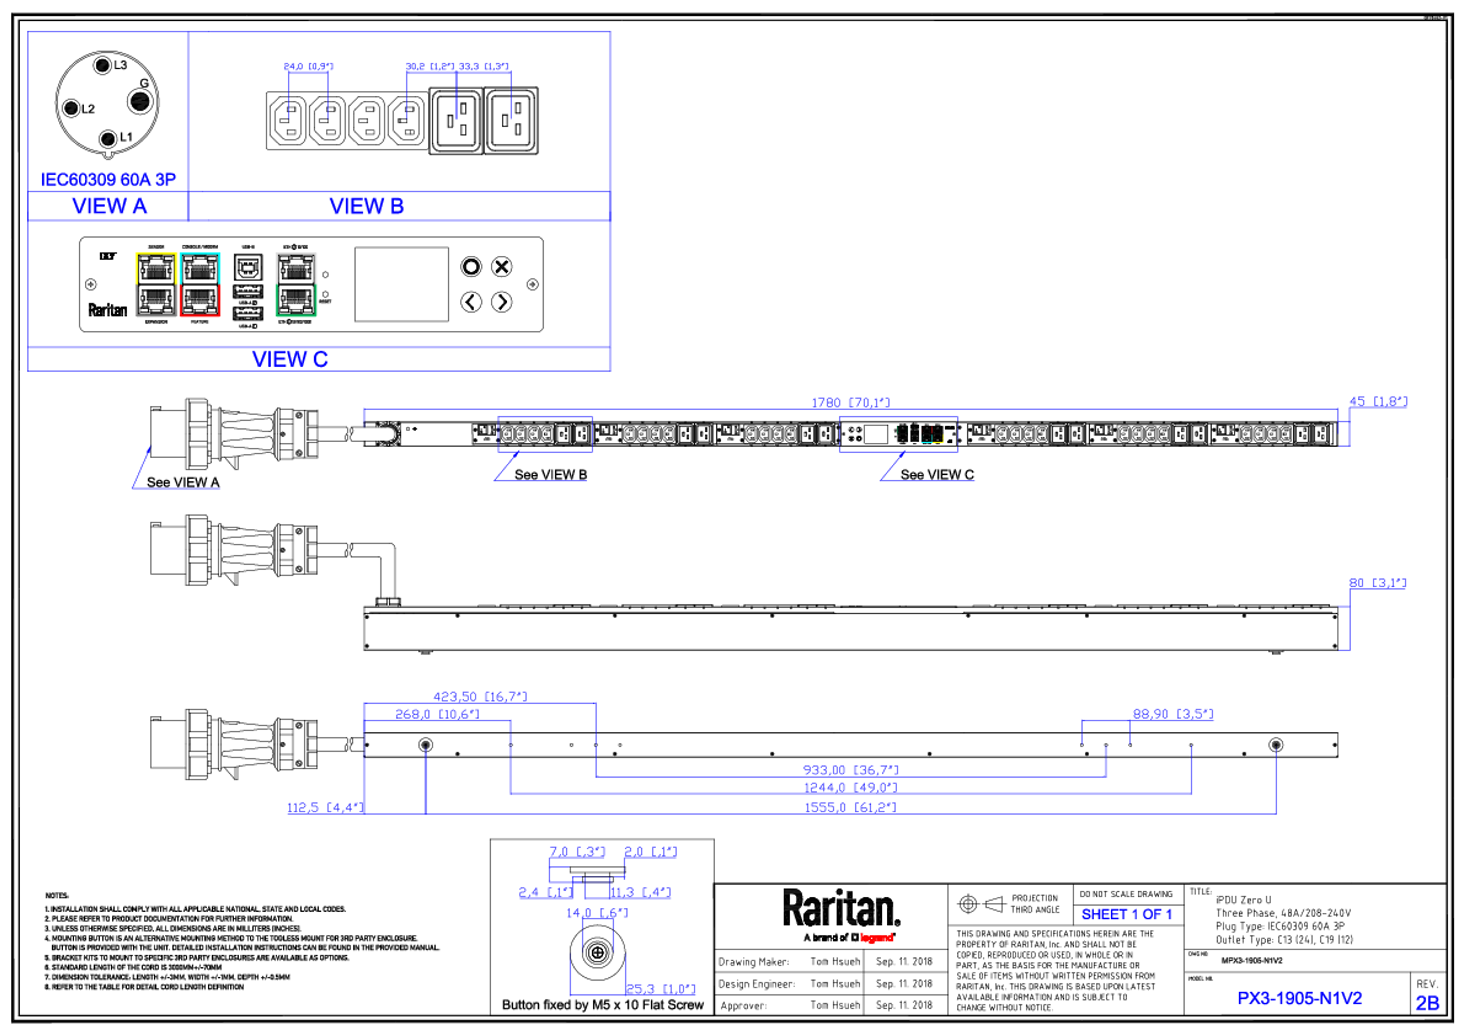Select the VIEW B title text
[x=366, y=206]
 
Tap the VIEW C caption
[x=290, y=359]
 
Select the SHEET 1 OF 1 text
[x=1126, y=915]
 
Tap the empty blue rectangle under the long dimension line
[x=545, y=435]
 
